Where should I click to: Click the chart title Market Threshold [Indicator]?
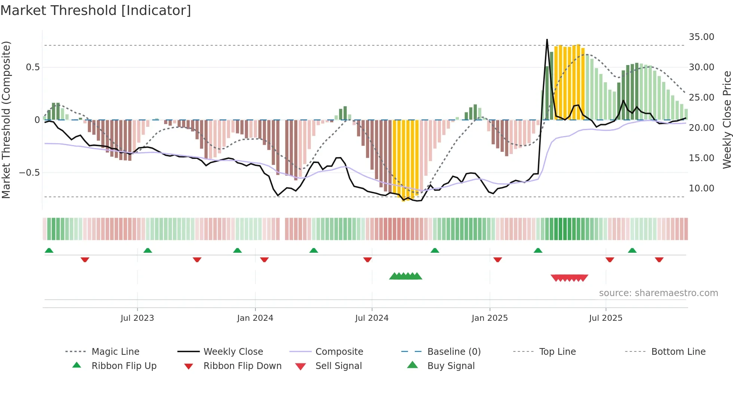point(96,10)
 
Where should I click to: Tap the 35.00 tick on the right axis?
point(701,37)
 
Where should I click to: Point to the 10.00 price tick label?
point(701,188)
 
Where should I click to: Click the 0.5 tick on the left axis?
point(33,67)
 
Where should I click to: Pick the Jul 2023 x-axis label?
point(137,318)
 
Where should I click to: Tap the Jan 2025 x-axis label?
point(490,318)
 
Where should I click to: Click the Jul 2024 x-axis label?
point(372,318)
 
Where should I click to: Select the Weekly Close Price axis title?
point(727,120)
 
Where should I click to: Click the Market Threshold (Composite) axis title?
point(6,120)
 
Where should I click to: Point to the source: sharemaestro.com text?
point(658,293)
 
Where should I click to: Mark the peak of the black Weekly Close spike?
point(547,39)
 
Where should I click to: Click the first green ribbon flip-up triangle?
point(49,250)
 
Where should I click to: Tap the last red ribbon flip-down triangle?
point(659,259)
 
